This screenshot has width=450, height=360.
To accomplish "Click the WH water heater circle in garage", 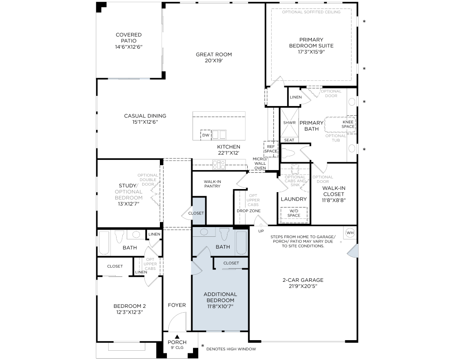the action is point(350,233).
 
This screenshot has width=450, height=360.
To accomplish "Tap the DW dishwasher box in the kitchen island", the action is point(206,135).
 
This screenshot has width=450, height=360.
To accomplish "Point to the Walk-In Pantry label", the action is point(212,184).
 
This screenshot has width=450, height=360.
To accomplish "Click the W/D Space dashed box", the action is point(294,214).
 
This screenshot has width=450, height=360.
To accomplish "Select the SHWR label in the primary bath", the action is point(289,123).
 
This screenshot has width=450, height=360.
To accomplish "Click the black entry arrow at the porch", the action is point(177,337).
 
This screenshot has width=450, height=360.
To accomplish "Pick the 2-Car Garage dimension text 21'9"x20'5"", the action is point(303,286).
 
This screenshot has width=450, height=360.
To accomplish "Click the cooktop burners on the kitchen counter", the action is point(219,164).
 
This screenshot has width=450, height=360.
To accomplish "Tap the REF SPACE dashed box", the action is point(271,149).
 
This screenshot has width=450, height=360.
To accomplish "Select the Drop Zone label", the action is point(249,211).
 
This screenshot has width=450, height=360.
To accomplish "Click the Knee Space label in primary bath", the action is point(348,124).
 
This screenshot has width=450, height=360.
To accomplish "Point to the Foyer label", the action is point(177,305).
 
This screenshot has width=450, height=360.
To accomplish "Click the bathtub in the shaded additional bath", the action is point(242,243).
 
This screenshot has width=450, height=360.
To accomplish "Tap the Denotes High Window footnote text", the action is point(231,349).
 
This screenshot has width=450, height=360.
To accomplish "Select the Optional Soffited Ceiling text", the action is point(311,12).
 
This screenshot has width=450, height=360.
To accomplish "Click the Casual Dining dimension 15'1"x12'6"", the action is point(145,122).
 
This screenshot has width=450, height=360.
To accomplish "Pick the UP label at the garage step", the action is point(261,231).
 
